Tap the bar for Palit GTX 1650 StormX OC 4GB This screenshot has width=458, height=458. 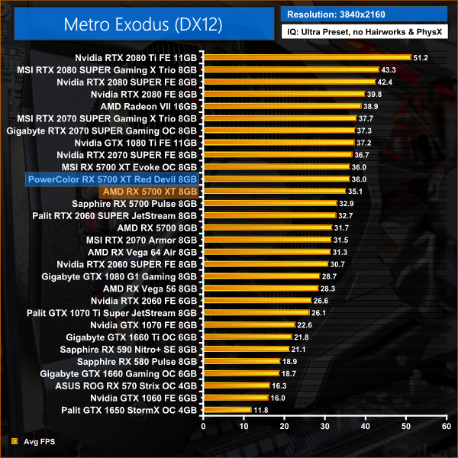(x=227, y=410)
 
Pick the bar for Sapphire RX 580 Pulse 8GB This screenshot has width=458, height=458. (x=241, y=361)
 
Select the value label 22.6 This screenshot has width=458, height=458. (x=305, y=324)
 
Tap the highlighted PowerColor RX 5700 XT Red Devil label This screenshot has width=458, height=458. (x=111, y=179)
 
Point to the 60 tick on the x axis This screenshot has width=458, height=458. (x=446, y=427)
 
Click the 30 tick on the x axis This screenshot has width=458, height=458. (x=324, y=427)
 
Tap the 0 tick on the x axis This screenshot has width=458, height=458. (x=203, y=427)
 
